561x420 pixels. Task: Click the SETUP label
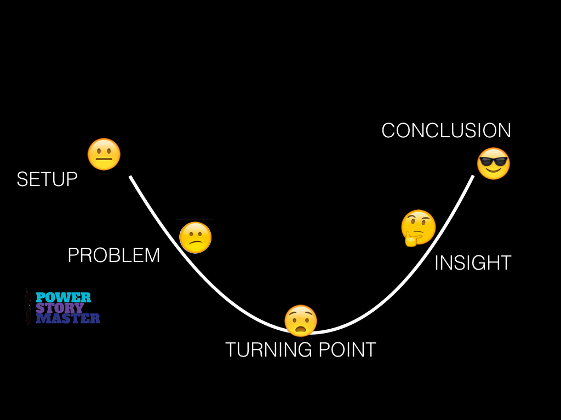tap(47, 179)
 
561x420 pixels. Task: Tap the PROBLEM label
tap(114, 255)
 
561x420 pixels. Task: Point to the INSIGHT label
tap(473, 263)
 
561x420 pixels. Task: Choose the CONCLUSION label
tap(446, 131)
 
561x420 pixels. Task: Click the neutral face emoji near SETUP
tap(104, 154)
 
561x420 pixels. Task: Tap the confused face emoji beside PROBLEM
tap(196, 237)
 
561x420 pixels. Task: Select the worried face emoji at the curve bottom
tap(301, 320)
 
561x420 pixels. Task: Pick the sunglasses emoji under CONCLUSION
tap(493, 164)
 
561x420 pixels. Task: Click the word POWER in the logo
tap(63, 297)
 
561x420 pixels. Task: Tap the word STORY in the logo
tap(60, 308)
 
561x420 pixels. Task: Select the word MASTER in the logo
tap(68, 318)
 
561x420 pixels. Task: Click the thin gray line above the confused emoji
tap(196, 219)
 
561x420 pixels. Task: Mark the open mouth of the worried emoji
tap(301, 329)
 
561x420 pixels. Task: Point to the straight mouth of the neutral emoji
tap(104, 161)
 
